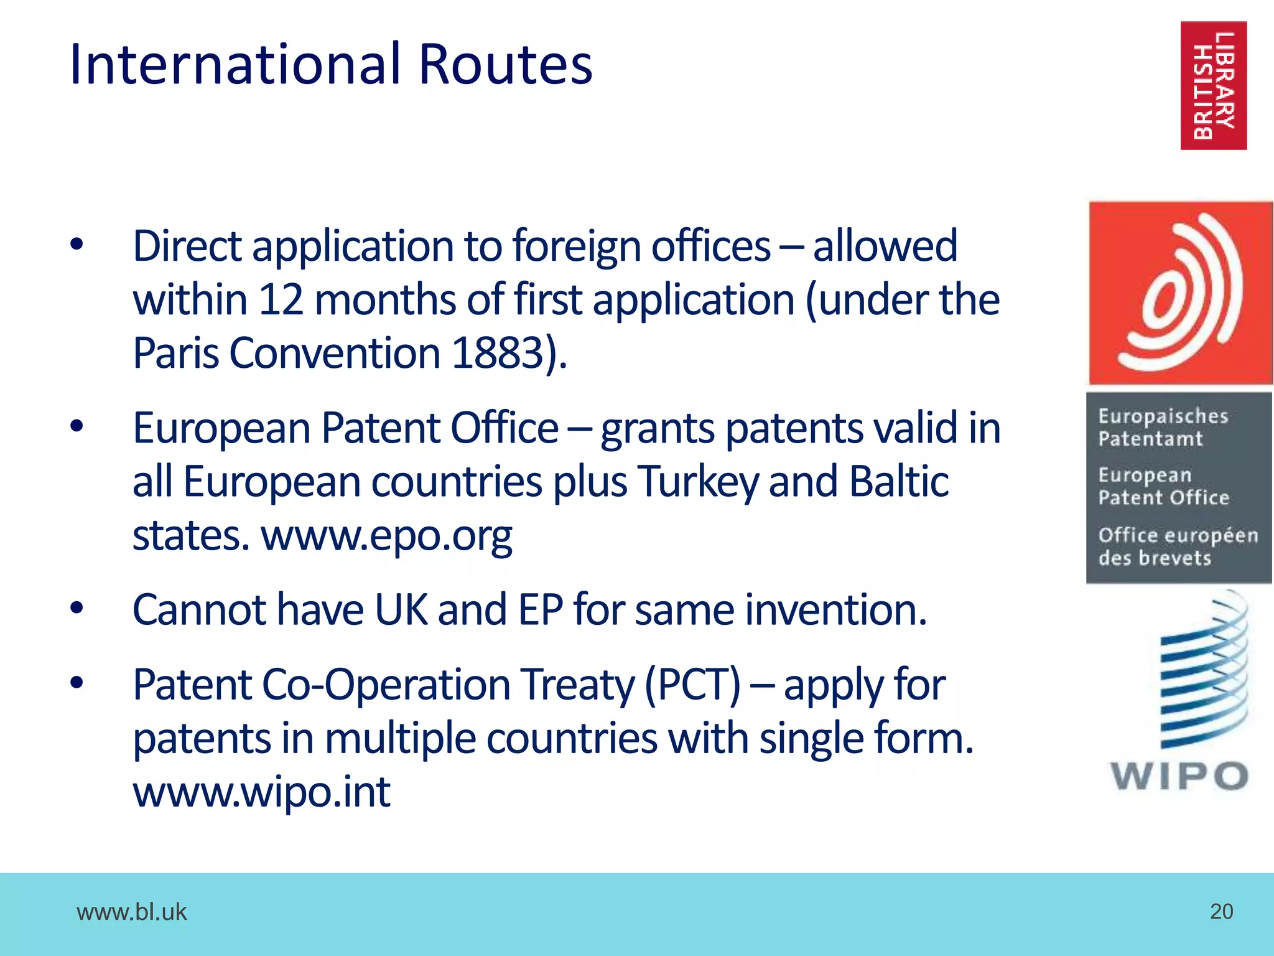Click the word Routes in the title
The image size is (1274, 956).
coord(506,64)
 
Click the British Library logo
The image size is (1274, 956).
coord(1213,85)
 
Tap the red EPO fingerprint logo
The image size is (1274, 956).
coord(1180,293)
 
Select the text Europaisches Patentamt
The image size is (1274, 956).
coord(1162,428)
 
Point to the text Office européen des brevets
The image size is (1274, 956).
coord(1177,546)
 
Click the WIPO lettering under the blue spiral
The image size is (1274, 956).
coord(1179,776)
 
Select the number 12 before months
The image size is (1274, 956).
coord(281,299)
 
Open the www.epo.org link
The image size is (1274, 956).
coord(386,535)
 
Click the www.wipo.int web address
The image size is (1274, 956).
coord(262,792)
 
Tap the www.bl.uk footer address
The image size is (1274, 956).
coord(131,912)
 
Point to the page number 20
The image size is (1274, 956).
coord(1221,911)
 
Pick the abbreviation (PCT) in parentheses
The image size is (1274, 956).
coord(692,685)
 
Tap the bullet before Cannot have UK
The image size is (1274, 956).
coord(77,608)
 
